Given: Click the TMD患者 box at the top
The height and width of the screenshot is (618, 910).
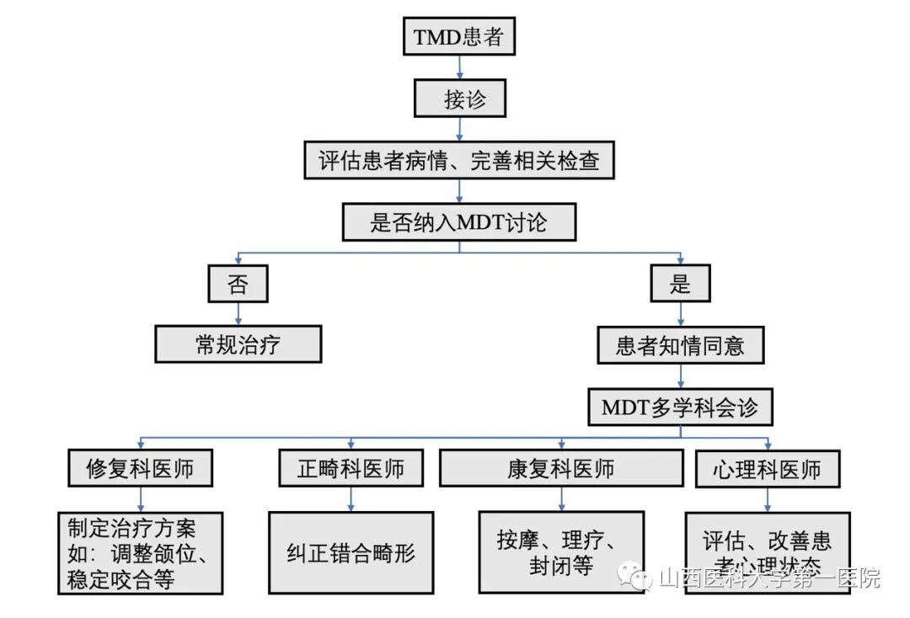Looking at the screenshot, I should [x=458, y=37].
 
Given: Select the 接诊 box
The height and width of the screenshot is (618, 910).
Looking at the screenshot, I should [x=460, y=99].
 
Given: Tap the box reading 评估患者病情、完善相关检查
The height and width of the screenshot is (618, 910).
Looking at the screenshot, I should [x=459, y=160].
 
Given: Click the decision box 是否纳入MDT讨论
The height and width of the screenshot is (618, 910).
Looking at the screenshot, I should [x=459, y=222].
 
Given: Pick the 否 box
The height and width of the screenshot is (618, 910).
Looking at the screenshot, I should [x=238, y=284].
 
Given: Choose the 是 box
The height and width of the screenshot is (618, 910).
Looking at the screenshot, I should [x=680, y=284].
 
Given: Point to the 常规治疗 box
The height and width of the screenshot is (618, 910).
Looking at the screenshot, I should [x=238, y=344].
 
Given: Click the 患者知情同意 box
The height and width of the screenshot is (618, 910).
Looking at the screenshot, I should [x=680, y=345].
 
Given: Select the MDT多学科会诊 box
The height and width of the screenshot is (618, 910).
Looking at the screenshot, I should [x=680, y=408].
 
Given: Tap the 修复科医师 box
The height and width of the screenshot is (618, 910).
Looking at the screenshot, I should [x=139, y=469].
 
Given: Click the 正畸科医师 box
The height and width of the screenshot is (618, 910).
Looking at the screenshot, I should [x=351, y=469].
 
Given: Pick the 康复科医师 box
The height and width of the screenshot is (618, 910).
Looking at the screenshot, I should [x=560, y=468].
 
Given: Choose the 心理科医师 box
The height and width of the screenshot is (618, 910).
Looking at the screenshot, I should [x=767, y=469].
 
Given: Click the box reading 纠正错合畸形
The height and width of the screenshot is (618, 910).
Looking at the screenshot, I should [x=351, y=552].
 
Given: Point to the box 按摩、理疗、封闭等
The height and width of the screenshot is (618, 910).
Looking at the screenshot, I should [x=560, y=551].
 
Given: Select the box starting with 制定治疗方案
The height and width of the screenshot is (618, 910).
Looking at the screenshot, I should [x=141, y=553].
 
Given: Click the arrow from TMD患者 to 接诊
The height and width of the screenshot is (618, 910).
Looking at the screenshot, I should [x=459, y=67].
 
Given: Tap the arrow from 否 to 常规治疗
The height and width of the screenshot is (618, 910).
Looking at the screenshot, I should [x=238, y=314].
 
